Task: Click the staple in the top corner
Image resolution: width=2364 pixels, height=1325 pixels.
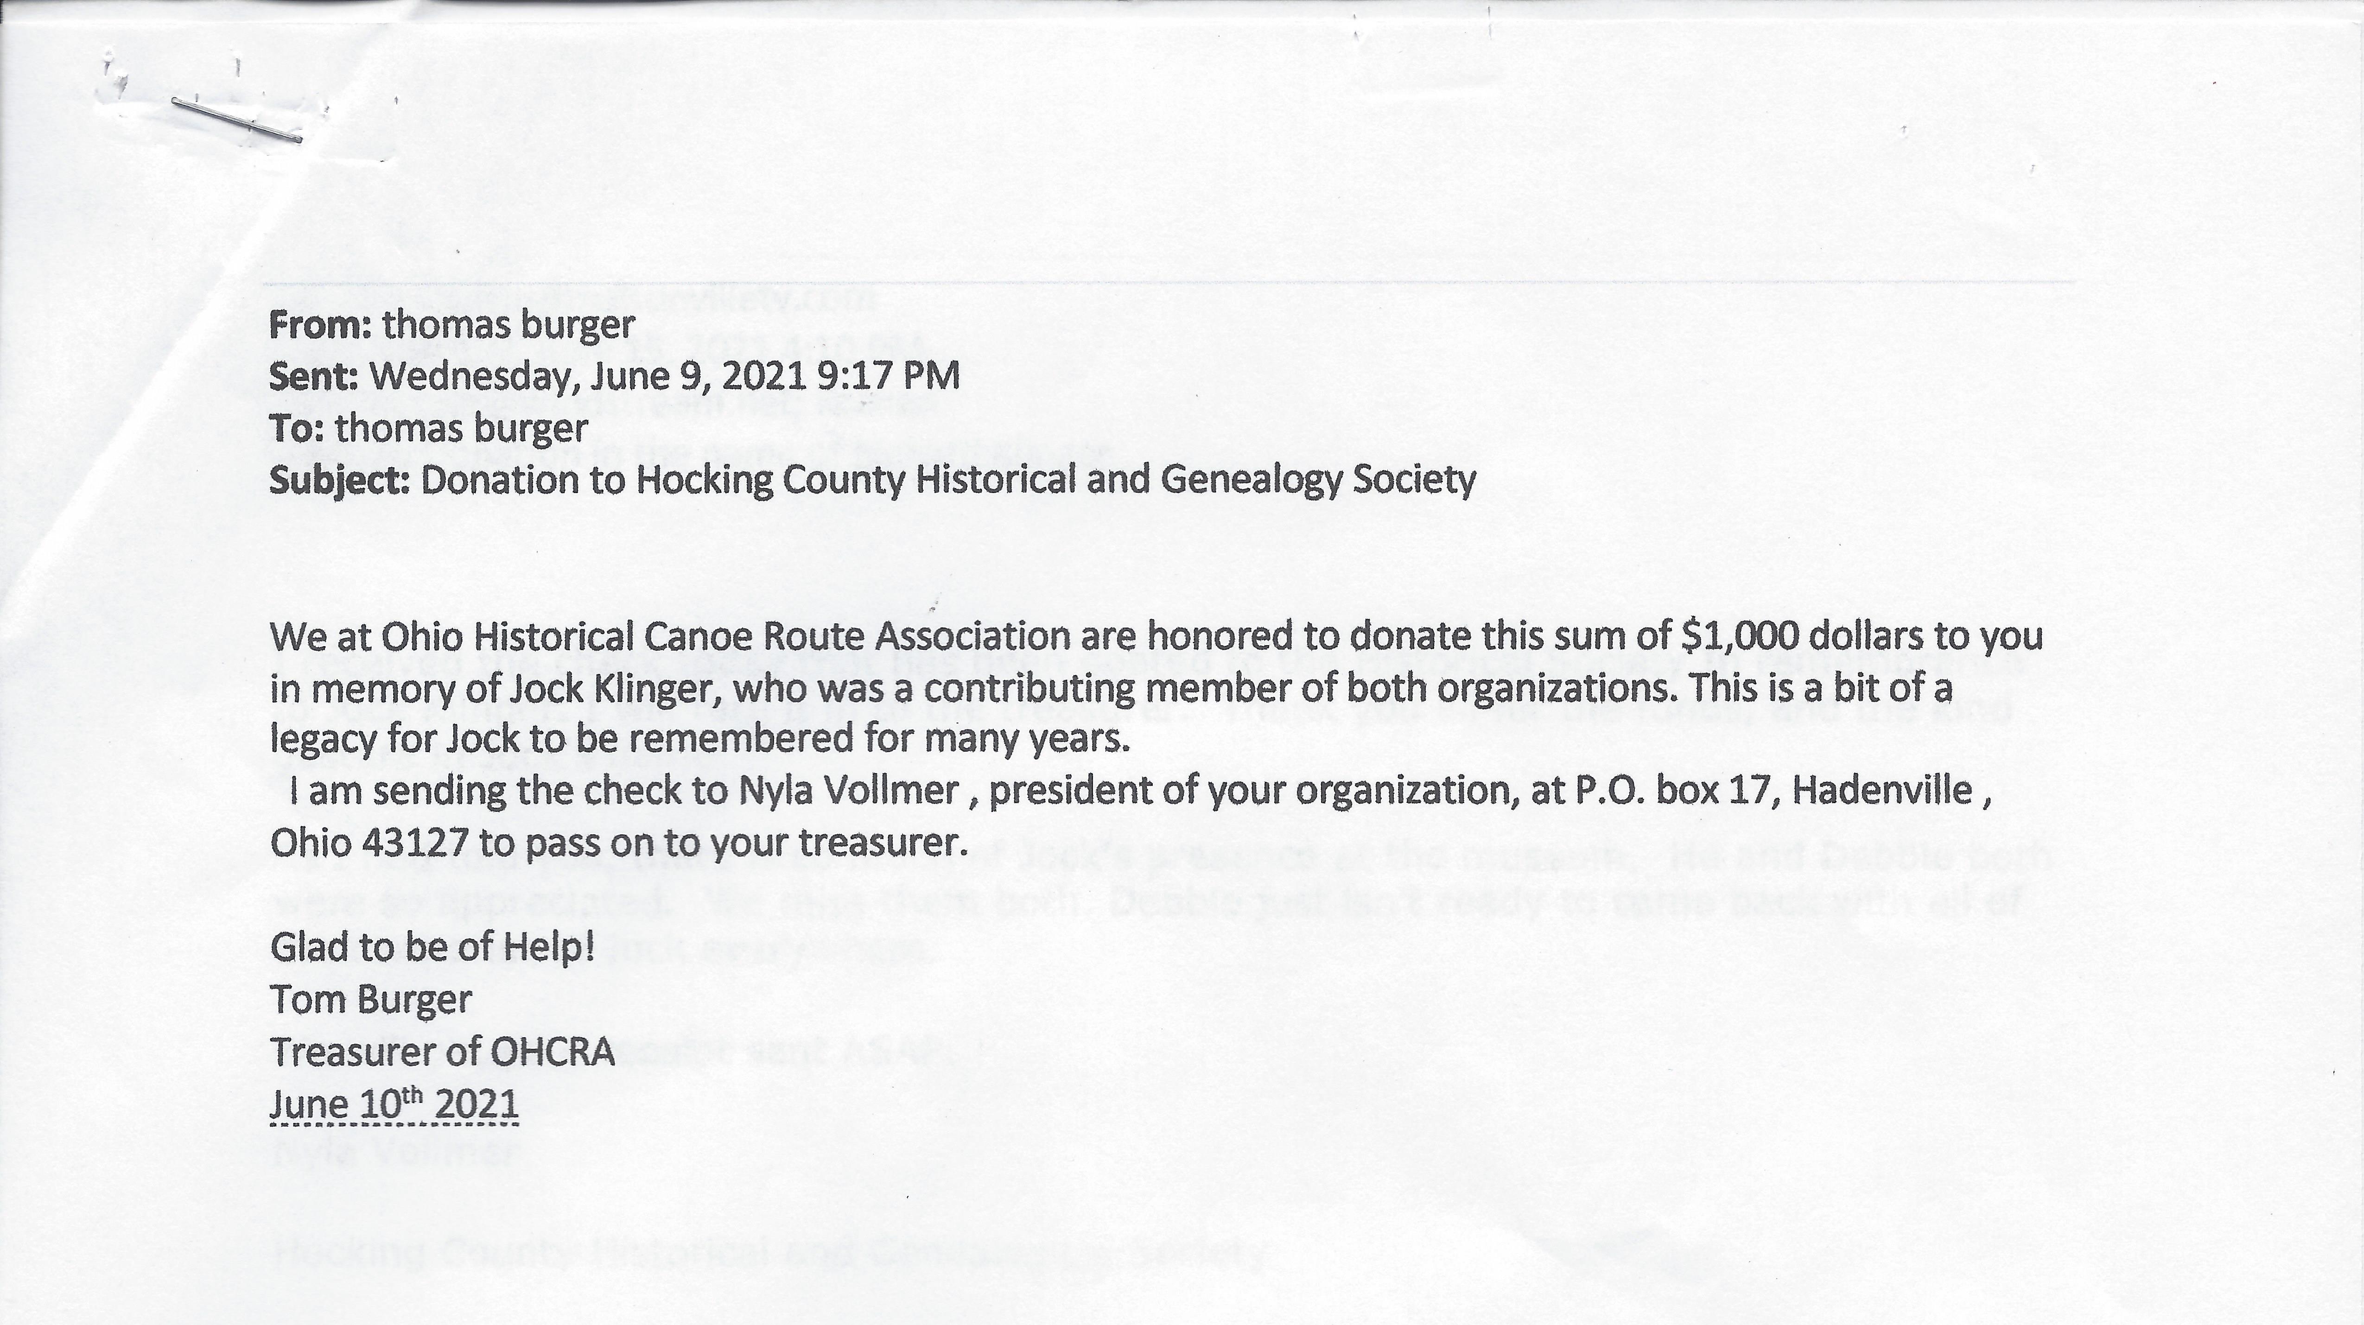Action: [x=237, y=120]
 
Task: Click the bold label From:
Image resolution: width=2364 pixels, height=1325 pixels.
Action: [x=319, y=325]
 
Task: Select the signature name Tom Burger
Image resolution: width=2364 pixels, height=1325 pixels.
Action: [x=371, y=999]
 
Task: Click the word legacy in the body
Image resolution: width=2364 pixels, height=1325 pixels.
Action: [x=323, y=740]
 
